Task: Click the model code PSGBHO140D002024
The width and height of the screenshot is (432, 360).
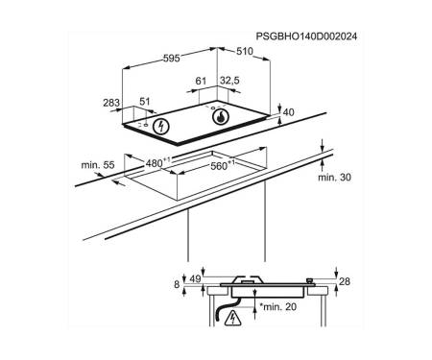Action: [306, 36]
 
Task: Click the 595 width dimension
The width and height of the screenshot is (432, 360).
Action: [172, 59]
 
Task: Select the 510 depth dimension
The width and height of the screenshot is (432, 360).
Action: [245, 51]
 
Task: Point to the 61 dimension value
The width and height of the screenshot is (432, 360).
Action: [201, 81]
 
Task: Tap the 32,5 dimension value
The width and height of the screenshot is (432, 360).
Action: [229, 81]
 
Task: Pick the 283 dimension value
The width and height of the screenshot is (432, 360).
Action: [111, 103]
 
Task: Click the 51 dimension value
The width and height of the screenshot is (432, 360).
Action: [145, 102]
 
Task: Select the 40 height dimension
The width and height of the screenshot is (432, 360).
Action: [289, 112]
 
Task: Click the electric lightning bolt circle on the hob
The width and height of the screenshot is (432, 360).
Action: [161, 127]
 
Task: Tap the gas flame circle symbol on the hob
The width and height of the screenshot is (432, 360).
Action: [221, 117]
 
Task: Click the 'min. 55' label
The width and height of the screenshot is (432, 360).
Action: [98, 165]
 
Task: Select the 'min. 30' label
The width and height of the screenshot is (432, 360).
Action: [334, 178]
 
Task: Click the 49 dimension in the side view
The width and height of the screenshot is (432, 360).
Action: [195, 278]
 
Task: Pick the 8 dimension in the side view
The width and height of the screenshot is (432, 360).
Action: [177, 284]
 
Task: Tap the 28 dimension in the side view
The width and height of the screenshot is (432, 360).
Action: [345, 281]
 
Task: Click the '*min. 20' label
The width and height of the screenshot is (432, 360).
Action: [277, 307]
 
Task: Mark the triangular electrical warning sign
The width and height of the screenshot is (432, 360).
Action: [232, 319]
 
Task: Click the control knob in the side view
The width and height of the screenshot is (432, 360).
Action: [309, 281]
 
